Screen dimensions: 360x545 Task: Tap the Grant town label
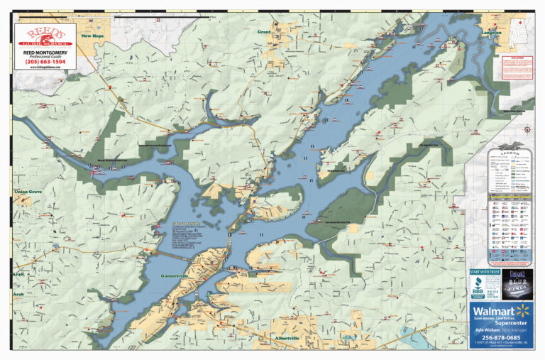pos(264,32)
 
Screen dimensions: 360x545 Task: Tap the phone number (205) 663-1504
pos(45,62)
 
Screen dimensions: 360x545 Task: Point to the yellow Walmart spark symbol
pos(523,310)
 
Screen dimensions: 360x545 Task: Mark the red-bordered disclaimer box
pos(517,67)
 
